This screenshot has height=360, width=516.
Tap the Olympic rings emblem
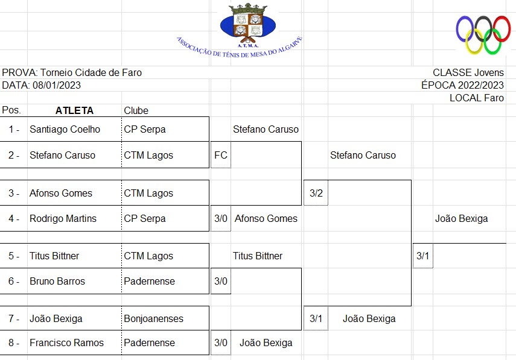click(x=483, y=33)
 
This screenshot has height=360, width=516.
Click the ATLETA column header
click(x=74, y=110)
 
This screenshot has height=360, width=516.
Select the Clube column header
click(x=136, y=110)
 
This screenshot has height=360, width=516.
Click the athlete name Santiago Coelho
click(x=65, y=129)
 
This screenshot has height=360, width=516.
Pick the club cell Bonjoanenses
click(x=153, y=318)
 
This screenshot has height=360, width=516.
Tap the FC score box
click(x=220, y=155)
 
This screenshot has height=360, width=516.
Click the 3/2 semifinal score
click(x=316, y=193)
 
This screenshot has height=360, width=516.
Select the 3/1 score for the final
click(x=422, y=256)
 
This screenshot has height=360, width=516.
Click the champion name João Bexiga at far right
click(x=461, y=218)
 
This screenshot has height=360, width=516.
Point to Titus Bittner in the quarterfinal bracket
click(x=258, y=256)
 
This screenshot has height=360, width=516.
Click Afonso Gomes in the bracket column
click(x=266, y=218)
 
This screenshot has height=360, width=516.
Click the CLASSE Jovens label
click(x=468, y=72)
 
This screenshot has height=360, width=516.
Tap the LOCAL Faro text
click(x=476, y=98)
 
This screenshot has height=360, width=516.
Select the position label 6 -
click(x=13, y=281)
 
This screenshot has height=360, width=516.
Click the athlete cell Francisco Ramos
click(x=66, y=343)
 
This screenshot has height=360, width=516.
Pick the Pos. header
click(x=11, y=110)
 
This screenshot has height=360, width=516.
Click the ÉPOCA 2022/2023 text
click(x=462, y=85)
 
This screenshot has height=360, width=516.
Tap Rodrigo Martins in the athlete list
click(x=63, y=218)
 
